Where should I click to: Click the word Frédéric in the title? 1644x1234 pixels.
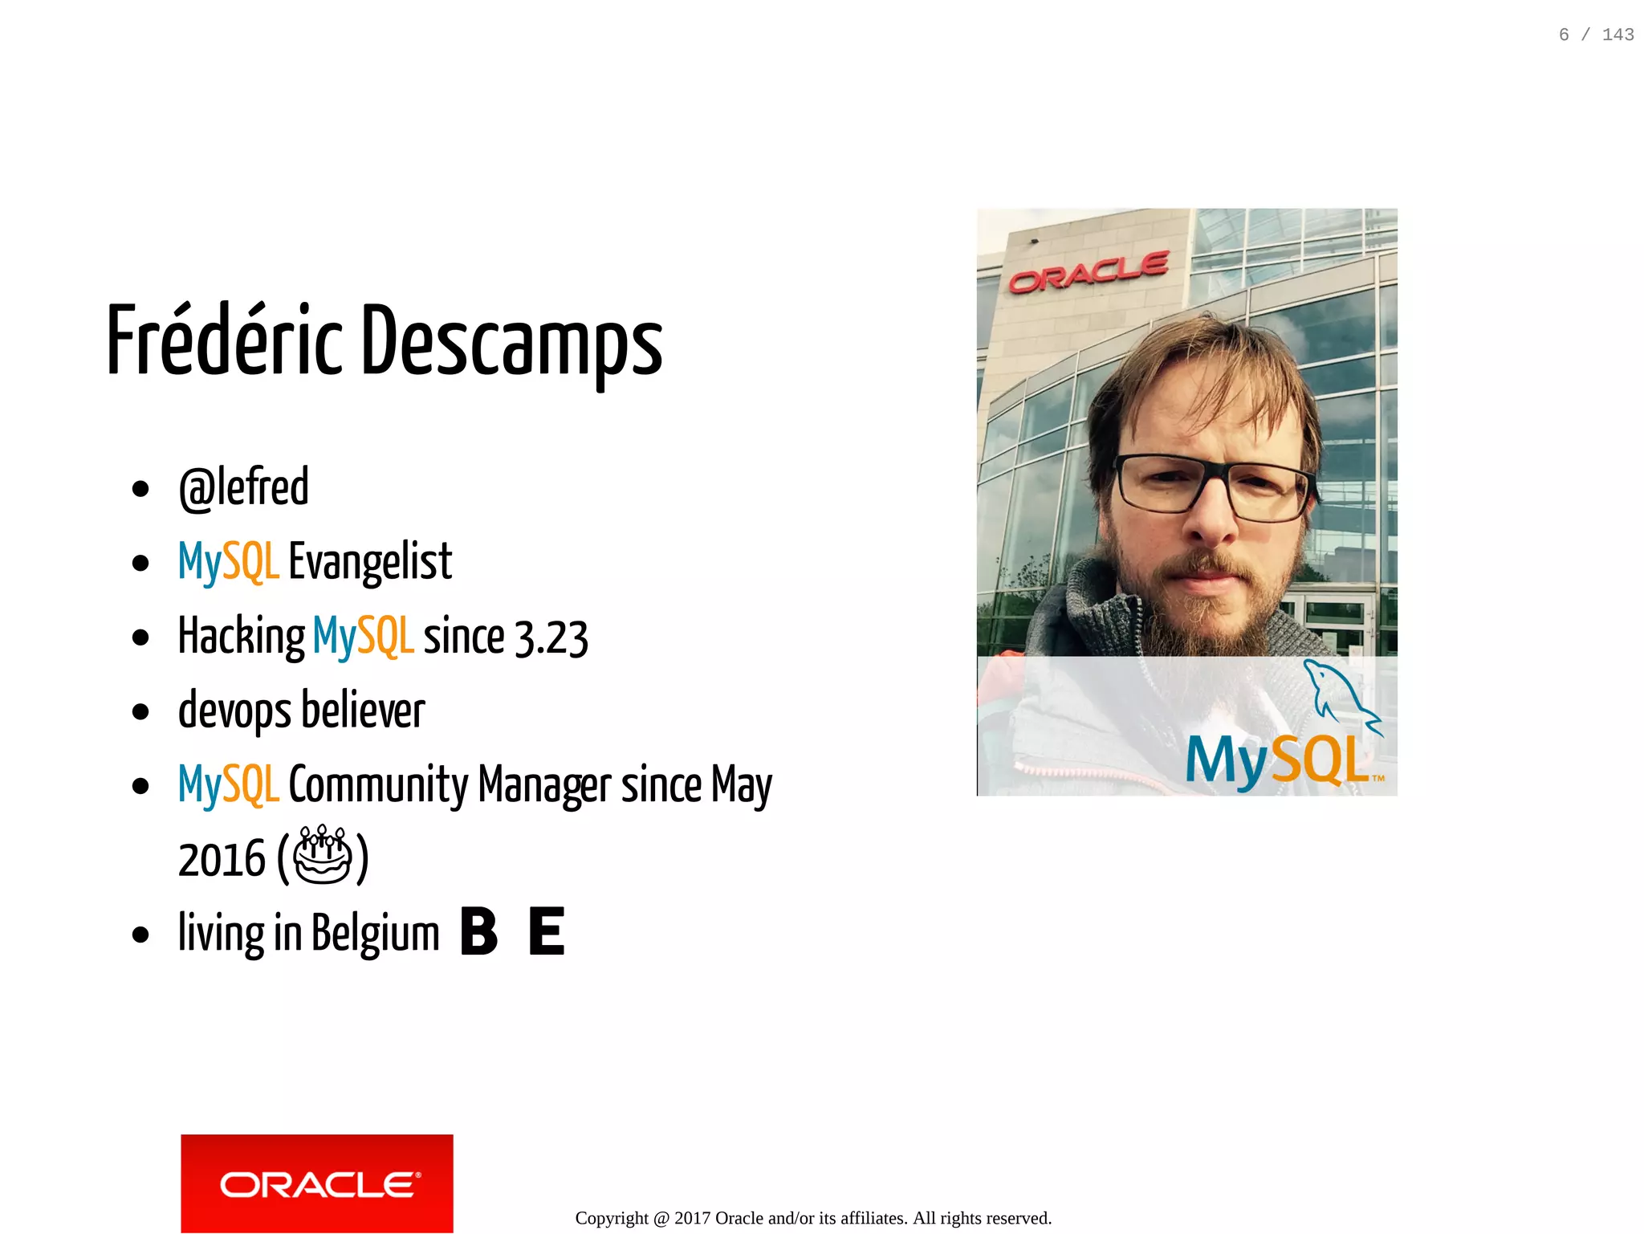(x=225, y=341)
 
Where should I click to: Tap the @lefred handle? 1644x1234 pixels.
(x=243, y=488)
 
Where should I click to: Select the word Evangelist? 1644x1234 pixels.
(x=370, y=562)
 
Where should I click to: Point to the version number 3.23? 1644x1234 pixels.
(x=551, y=638)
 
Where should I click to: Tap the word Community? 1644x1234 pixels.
(x=378, y=785)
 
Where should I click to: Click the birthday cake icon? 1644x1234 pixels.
(x=323, y=855)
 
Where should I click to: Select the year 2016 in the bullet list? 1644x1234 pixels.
(x=221, y=860)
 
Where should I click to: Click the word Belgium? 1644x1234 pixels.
(x=375, y=934)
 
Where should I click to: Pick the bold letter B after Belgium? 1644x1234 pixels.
(x=479, y=931)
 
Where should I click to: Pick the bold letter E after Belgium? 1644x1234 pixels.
(x=547, y=931)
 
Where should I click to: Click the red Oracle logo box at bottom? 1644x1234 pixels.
(x=316, y=1183)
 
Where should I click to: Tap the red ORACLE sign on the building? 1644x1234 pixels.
(x=1089, y=271)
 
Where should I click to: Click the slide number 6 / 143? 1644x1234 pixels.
(x=1595, y=35)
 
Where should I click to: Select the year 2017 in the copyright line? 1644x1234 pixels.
(x=692, y=1218)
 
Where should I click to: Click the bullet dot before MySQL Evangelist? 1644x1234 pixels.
(x=140, y=564)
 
